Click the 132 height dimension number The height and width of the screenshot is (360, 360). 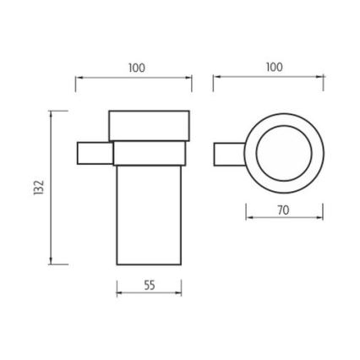point(39,188)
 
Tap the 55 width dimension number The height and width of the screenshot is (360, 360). point(150,285)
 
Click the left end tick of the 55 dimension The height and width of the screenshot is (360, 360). point(116,293)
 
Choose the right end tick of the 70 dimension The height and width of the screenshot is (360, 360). point(322,212)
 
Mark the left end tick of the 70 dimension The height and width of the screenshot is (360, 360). point(246,212)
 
